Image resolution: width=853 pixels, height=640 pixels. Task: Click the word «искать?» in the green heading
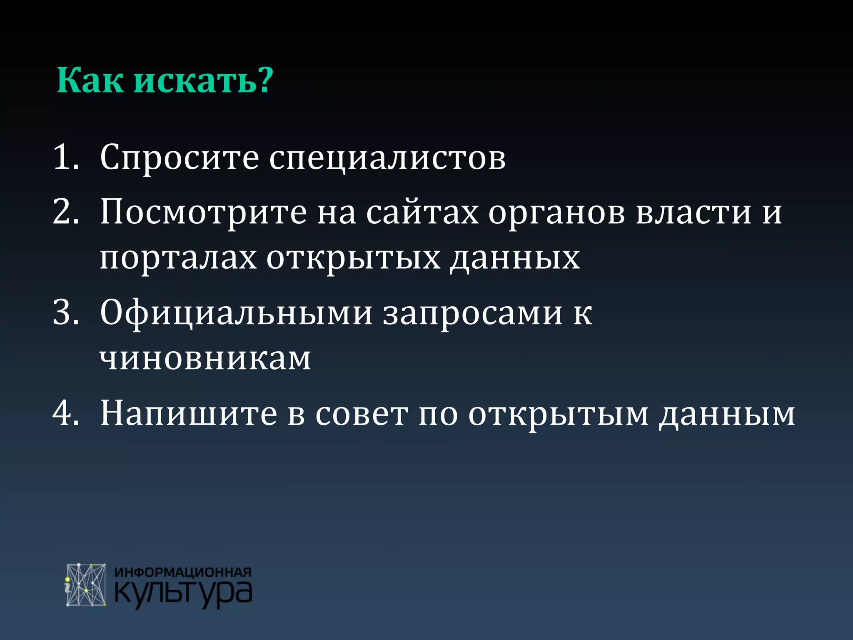(203, 80)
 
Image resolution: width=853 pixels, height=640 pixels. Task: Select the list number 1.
(66, 157)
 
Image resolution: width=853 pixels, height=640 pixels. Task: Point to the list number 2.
(66, 212)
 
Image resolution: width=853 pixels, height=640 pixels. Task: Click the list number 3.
(66, 313)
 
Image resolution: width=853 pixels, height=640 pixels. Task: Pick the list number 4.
(66, 413)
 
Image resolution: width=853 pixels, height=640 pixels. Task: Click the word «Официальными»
(236, 313)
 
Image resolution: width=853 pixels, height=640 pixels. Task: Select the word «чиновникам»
(205, 359)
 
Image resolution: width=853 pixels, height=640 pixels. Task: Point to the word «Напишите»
(189, 414)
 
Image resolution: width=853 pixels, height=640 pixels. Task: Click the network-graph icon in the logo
(86, 585)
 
